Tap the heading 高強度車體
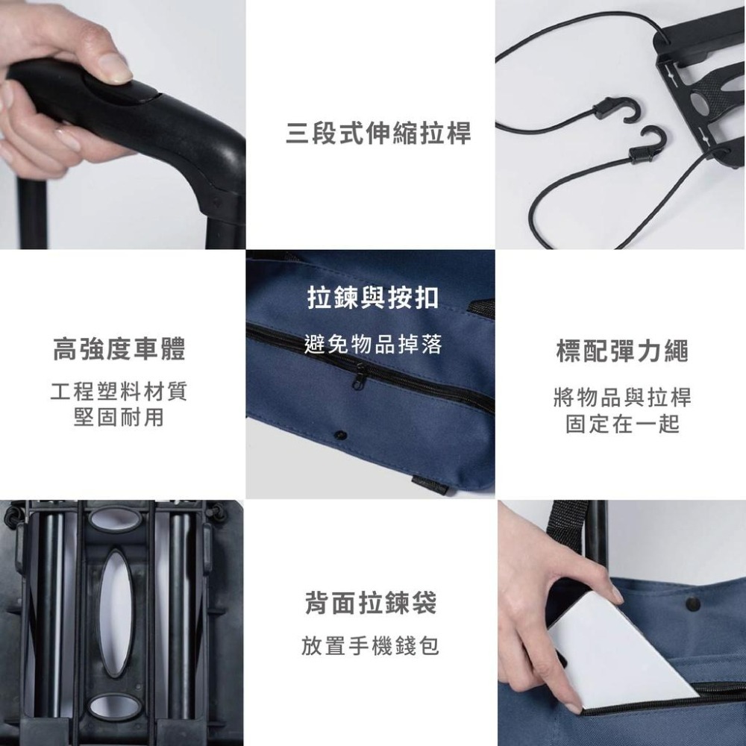(x=119, y=349)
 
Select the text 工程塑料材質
(x=119, y=392)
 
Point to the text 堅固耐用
(x=119, y=418)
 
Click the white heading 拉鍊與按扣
(x=373, y=298)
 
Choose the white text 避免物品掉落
(x=373, y=344)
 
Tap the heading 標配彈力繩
(x=622, y=351)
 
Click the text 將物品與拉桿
(x=622, y=398)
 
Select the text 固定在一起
(x=622, y=424)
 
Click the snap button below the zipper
(x=342, y=433)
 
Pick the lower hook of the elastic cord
(x=648, y=145)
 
